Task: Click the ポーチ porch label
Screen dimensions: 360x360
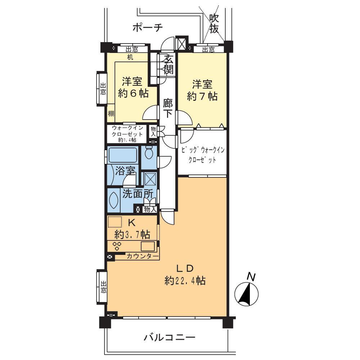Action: [148, 27]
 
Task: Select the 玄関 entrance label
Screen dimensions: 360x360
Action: [168, 64]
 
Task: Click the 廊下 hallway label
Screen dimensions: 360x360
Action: [168, 108]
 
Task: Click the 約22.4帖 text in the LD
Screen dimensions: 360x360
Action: [185, 280]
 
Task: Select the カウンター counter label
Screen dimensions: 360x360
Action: [143, 256]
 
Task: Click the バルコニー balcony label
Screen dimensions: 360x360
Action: [170, 337]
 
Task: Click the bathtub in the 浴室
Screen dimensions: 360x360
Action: [123, 156]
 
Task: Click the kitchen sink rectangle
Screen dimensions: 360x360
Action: [148, 246]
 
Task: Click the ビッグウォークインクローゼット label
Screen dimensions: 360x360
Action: [202, 155]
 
